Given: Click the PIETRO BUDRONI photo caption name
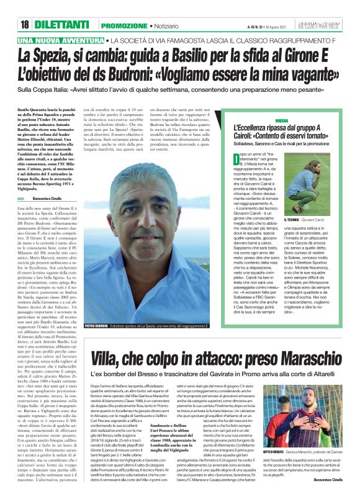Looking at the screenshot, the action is pyautogui.click(x=96, y=325).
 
